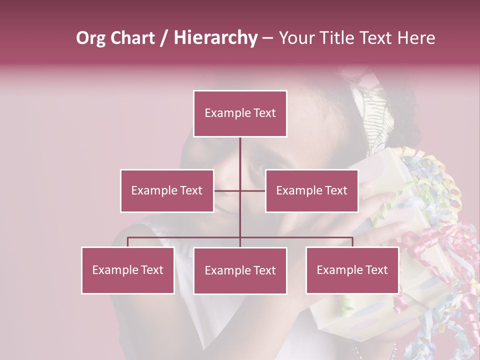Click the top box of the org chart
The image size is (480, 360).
click(x=240, y=113)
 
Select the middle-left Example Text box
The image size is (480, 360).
click(x=167, y=190)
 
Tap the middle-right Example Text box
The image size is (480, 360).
click(x=311, y=190)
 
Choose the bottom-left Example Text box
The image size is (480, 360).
click(x=127, y=270)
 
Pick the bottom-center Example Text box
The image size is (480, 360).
click(x=240, y=270)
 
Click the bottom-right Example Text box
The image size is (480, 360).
click(x=352, y=270)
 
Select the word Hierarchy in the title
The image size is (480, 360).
click(x=215, y=38)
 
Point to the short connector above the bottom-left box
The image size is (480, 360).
click(x=127, y=242)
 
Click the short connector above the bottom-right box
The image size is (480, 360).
click(x=352, y=242)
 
